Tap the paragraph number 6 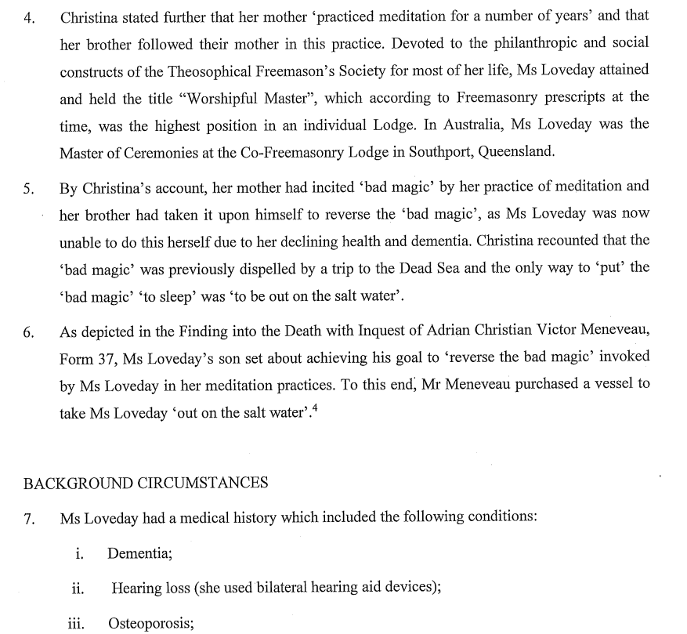29,332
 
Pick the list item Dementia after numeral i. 139,553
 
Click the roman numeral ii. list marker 78,588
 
